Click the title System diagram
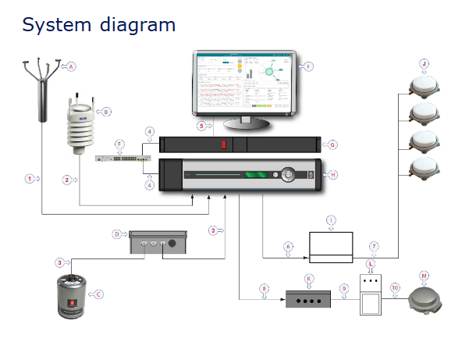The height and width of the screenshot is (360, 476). coord(99,24)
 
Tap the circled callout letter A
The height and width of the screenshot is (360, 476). coord(73,66)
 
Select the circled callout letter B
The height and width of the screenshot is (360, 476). coord(107,112)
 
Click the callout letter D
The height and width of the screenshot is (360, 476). coord(116,233)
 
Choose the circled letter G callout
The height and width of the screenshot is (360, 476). coord(332,144)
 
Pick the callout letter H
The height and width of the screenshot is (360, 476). coord(333,176)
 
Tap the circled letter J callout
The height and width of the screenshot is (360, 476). coord(424,63)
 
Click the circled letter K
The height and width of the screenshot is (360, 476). coord(309,278)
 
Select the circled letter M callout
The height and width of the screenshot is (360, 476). coord(424,275)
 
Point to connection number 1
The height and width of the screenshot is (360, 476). coord(29,179)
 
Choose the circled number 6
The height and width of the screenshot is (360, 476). coord(288,247)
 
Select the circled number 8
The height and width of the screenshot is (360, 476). coord(264,289)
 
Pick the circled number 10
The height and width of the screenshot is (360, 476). coord(394,288)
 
